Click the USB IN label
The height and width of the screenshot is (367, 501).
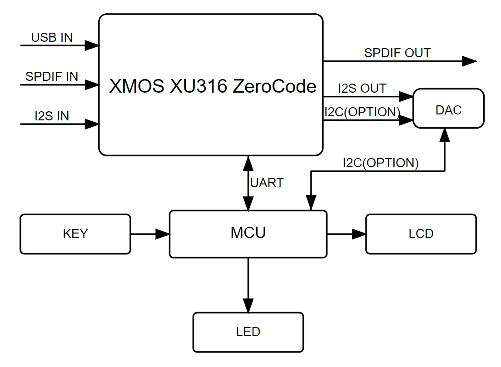click(52, 37)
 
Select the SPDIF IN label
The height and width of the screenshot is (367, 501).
click(52, 76)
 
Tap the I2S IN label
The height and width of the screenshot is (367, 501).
click(52, 116)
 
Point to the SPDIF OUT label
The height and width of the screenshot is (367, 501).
click(397, 53)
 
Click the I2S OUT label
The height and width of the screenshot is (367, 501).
click(362, 88)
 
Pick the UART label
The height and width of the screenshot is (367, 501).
click(267, 183)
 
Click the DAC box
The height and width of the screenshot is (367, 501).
click(448, 109)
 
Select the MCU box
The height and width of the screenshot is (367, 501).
click(248, 233)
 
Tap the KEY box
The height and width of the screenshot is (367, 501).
click(75, 234)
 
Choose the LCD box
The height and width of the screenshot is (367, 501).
click(421, 234)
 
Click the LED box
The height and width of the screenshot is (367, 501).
click(248, 332)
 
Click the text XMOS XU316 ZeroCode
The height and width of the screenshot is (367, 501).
click(213, 86)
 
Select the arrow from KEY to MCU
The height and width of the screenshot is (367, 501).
click(150, 234)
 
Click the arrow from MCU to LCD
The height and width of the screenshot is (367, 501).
click(346, 234)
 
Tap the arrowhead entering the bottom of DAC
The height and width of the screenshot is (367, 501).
click(445, 134)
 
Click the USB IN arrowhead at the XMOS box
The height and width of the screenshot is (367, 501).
click(92, 45)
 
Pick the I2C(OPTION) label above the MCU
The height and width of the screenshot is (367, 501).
click(380, 163)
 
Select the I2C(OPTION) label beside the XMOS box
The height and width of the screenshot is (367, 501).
click(362, 111)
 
